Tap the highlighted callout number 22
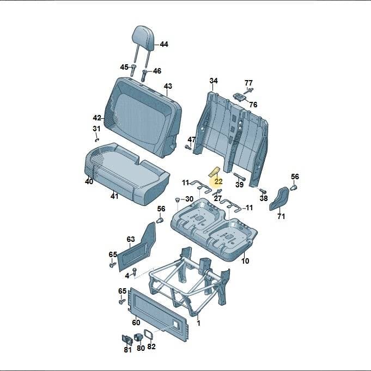pos(218,182)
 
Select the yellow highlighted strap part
pos(214,172)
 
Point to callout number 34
pos(214,81)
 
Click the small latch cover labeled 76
pos(240,97)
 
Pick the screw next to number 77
pos(250,90)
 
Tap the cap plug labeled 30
pos(178,199)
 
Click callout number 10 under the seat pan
pos(245,261)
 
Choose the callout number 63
pos(131,239)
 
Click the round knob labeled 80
pos(138,337)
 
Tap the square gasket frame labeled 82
pos(149,334)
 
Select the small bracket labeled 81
pos(127,340)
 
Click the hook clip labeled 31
pos(97,140)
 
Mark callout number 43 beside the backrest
pos(168,86)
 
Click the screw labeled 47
pos(188,147)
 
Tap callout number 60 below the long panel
pos(136,323)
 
